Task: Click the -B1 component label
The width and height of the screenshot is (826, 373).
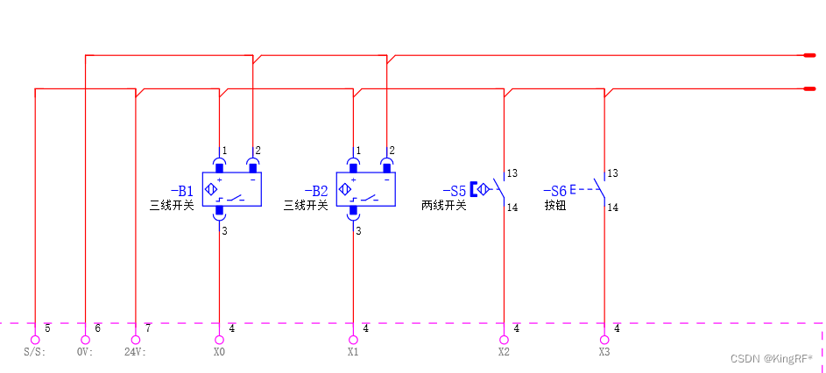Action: (x=181, y=191)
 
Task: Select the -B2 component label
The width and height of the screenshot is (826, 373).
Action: (x=315, y=191)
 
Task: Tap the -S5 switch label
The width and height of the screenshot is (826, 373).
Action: (x=454, y=191)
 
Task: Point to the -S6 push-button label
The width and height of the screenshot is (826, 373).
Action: (x=554, y=191)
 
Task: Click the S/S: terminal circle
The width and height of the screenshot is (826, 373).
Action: (x=35, y=340)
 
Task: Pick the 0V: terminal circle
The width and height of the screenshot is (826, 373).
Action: (x=85, y=340)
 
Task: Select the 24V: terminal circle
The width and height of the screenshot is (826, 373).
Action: (x=136, y=340)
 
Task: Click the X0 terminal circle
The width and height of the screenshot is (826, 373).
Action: (x=219, y=340)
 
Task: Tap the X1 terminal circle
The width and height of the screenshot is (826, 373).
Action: (x=353, y=340)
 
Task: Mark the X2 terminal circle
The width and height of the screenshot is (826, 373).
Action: (x=504, y=340)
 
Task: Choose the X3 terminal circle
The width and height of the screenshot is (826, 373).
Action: (x=604, y=340)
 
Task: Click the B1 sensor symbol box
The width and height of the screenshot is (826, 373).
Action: (x=232, y=189)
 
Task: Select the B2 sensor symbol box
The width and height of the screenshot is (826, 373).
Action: (x=366, y=189)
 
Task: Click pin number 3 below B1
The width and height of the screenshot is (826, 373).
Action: (x=224, y=231)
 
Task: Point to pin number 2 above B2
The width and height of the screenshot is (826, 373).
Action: (x=392, y=151)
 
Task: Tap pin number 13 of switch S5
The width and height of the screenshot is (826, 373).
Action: (x=512, y=173)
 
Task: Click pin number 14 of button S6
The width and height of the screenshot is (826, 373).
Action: (x=613, y=208)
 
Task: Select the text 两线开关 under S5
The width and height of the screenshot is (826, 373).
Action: (x=444, y=206)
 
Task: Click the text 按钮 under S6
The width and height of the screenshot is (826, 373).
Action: (x=555, y=206)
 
